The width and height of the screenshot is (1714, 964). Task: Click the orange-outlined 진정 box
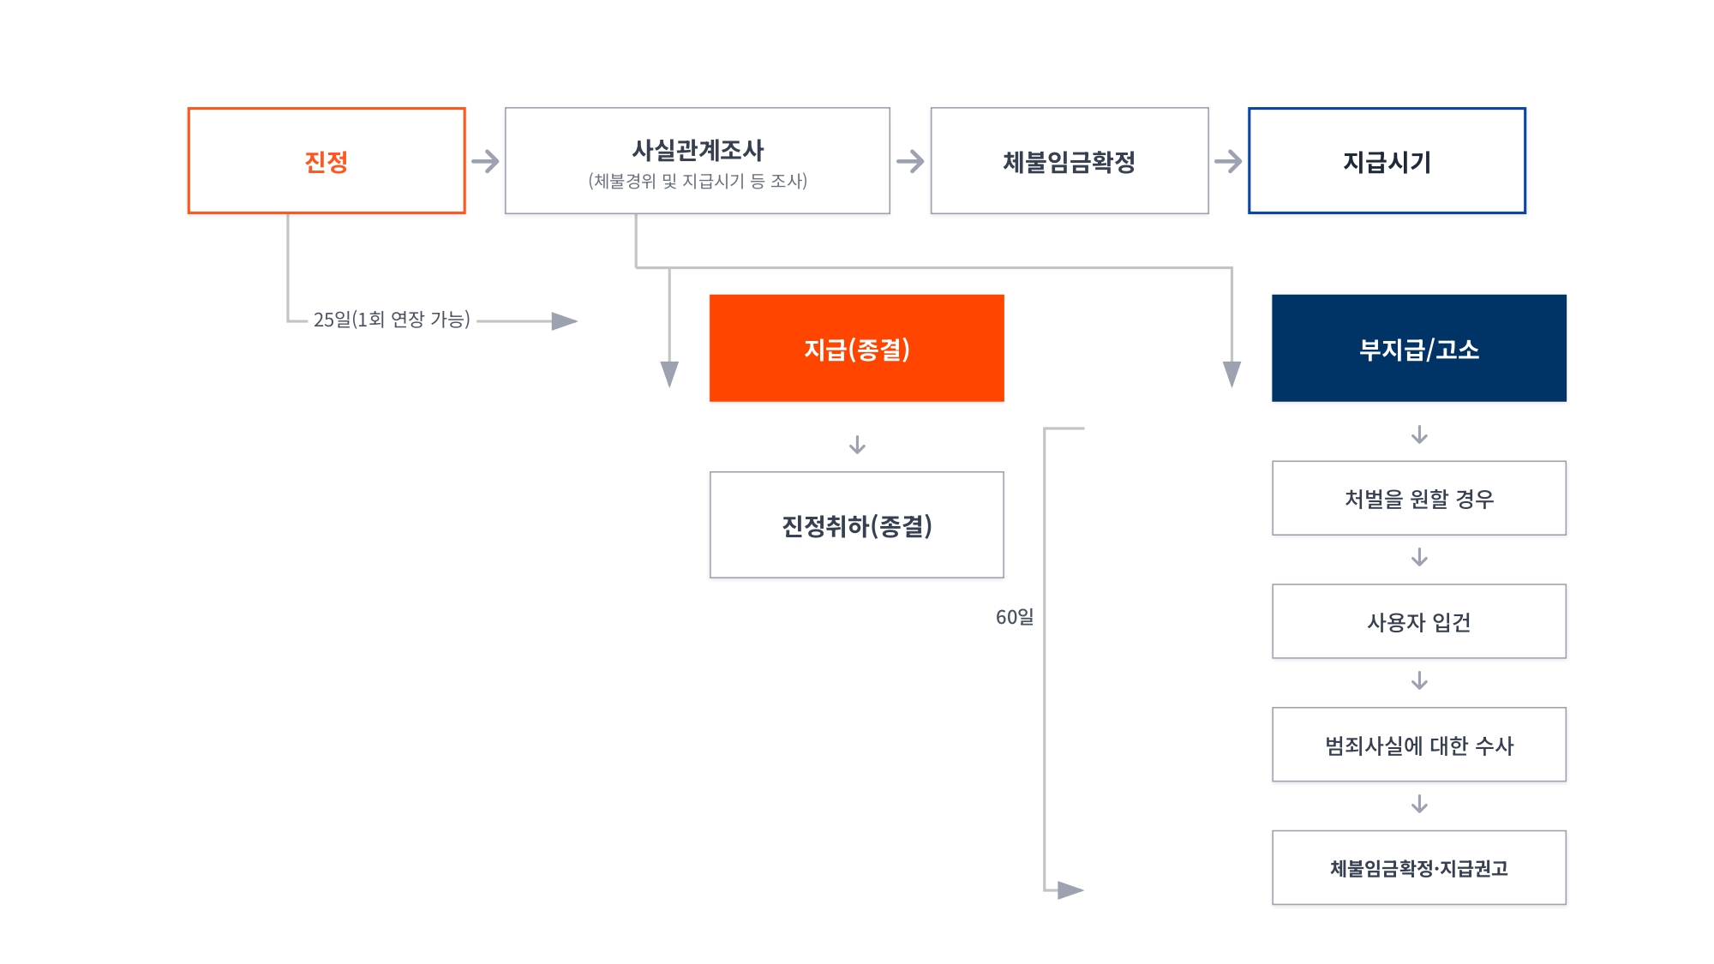click(x=327, y=161)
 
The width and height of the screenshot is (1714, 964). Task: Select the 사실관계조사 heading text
click(x=698, y=150)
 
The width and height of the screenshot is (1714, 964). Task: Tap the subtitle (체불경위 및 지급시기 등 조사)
click(x=698, y=182)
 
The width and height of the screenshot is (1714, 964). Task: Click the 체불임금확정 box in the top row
click(x=1070, y=161)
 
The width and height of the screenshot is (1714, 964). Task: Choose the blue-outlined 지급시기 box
click(x=1387, y=161)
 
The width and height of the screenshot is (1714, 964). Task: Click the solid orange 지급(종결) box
click(x=857, y=349)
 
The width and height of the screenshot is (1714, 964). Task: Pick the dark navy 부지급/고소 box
click(x=1419, y=349)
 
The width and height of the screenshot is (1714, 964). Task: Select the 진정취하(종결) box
click(x=857, y=525)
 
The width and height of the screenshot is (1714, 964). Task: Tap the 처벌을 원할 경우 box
click(x=1419, y=499)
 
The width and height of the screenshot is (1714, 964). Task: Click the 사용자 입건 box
click(x=1419, y=622)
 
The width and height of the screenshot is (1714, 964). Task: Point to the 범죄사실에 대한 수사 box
click(x=1419, y=745)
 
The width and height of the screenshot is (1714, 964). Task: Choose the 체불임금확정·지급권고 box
click(x=1419, y=868)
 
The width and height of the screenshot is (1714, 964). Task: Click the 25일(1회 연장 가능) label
click(x=392, y=320)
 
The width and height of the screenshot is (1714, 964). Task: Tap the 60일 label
click(x=1015, y=617)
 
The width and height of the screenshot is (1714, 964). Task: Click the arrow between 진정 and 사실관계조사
click(x=485, y=161)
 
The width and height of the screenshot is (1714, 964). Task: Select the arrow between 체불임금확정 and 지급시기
click(x=1228, y=161)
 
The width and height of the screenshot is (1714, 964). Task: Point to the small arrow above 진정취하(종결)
click(x=857, y=445)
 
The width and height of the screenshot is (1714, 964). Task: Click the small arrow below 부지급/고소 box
click(x=1419, y=434)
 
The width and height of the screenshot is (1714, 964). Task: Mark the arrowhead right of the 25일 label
click(x=564, y=321)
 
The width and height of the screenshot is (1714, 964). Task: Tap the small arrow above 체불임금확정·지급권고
click(x=1419, y=804)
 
